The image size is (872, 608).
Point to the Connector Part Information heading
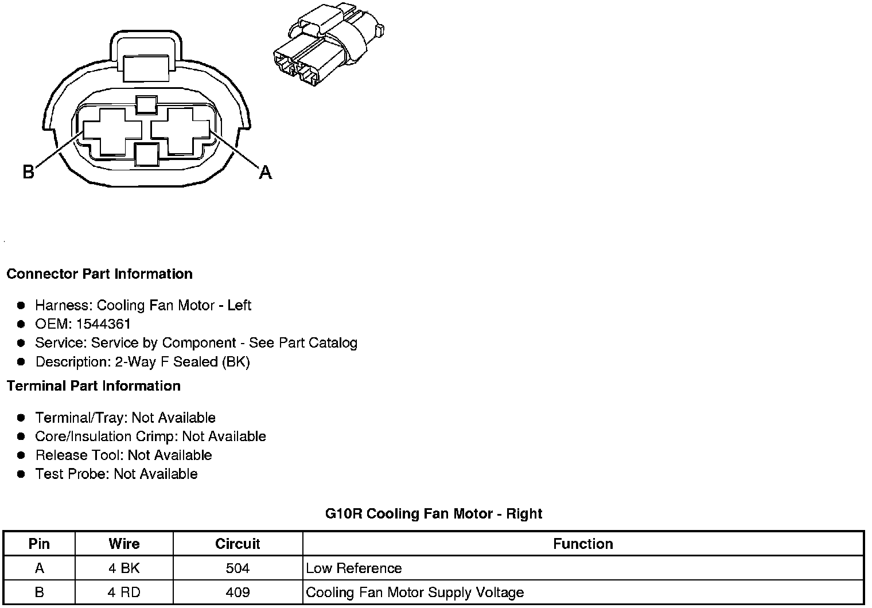coord(99,274)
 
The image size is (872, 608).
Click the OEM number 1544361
coord(103,324)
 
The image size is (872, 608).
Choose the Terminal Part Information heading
coord(94,386)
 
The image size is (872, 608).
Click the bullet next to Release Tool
coord(21,455)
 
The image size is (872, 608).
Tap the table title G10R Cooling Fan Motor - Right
coord(434,513)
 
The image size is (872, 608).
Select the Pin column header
coord(39,544)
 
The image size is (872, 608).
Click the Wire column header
coord(124,544)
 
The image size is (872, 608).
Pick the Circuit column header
coord(238,544)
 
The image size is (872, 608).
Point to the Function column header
coord(583,544)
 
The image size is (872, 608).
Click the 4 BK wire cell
coord(124,568)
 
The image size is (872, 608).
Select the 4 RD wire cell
coord(124,593)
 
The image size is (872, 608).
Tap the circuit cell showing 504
coord(238,568)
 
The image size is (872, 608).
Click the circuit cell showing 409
coord(238,593)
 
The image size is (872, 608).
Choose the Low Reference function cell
coord(354,568)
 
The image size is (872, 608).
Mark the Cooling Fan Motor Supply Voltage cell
coord(415,593)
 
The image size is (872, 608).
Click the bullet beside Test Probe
coord(21,474)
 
